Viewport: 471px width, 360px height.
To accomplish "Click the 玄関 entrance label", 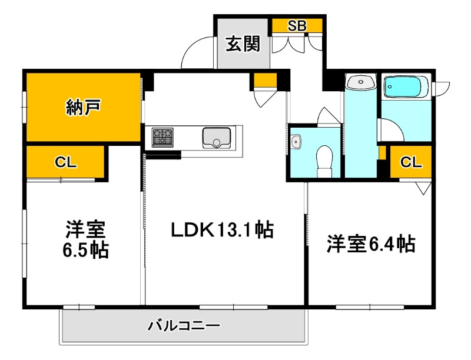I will [x=243, y=44].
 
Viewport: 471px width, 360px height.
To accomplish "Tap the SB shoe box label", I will [x=297, y=26].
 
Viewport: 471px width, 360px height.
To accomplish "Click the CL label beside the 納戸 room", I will [x=66, y=163].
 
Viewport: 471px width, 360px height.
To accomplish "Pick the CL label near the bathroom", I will [x=412, y=162].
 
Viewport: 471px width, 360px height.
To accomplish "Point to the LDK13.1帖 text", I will [x=222, y=230].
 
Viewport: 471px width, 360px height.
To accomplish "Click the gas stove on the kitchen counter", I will [x=163, y=138].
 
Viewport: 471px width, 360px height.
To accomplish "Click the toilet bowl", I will [x=324, y=159].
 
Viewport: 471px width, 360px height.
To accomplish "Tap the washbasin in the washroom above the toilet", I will [x=360, y=82].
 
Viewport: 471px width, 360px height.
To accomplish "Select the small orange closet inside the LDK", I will [x=266, y=79].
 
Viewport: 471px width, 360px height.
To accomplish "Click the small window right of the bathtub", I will [x=442, y=87].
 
